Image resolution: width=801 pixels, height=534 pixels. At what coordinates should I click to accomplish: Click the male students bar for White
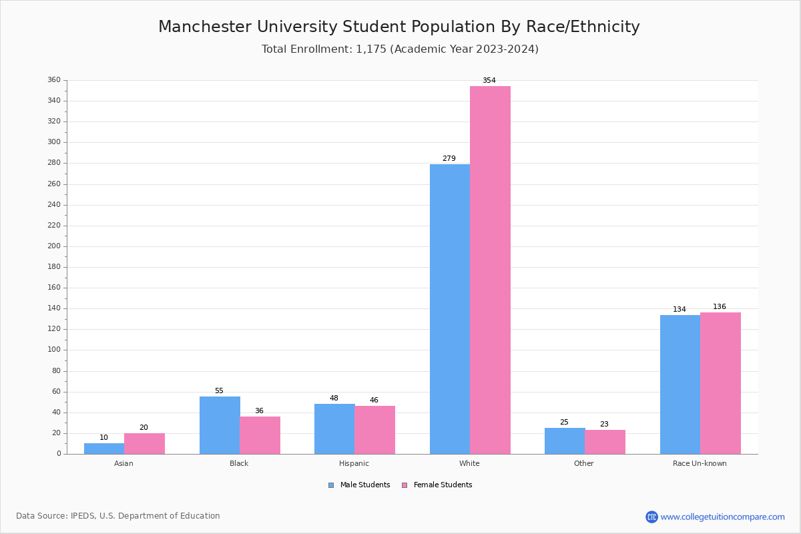(x=449, y=309)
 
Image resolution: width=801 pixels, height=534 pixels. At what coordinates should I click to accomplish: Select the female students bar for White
(x=490, y=270)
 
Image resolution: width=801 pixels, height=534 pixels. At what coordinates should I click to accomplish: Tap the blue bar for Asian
(x=104, y=449)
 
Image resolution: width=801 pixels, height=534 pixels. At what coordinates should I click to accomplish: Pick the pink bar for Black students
(x=260, y=435)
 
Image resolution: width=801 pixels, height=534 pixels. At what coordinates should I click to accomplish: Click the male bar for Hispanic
(x=334, y=429)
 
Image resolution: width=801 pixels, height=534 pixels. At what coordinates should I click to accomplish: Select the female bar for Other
(x=605, y=442)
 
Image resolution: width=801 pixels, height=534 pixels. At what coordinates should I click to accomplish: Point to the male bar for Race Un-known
(x=680, y=384)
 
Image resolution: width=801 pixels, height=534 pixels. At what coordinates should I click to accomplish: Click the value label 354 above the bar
(x=489, y=81)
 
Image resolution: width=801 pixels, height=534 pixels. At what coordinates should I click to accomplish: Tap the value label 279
(x=449, y=159)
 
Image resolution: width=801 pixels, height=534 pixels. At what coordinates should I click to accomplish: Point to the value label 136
(x=720, y=307)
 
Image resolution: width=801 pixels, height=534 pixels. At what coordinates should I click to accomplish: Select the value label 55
(x=219, y=391)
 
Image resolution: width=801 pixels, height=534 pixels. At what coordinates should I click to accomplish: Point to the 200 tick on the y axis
(x=54, y=246)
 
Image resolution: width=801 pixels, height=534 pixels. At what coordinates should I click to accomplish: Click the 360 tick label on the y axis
(x=54, y=80)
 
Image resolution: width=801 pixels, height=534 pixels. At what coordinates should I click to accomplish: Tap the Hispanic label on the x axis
(x=354, y=463)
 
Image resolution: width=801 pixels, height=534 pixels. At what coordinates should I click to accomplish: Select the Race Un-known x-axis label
(x=700, y=463)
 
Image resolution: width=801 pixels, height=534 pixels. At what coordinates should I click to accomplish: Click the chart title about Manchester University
(x=399, y=27)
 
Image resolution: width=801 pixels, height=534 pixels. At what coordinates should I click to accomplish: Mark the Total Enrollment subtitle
(x=400, y=49)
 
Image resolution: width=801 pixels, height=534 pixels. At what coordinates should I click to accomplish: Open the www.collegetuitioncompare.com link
(x=722, y=517)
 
